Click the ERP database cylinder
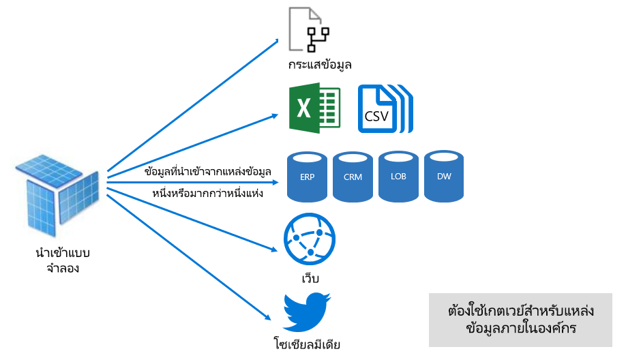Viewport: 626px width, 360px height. pos(308,177)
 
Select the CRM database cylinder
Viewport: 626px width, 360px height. pos(353,177)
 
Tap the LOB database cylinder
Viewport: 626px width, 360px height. pos(398,177)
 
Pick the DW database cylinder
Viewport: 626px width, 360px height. pos(444,177)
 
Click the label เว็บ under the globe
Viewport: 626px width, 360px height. pos(310,280)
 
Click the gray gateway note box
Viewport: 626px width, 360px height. pos(520,320)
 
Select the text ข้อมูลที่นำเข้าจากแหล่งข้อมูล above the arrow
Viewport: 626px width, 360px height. pos(208,171)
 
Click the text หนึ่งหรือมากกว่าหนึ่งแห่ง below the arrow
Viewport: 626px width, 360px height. pos(208,193)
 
